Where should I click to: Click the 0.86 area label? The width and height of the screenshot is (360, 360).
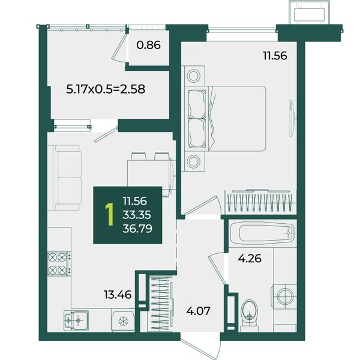(x=148, y=45)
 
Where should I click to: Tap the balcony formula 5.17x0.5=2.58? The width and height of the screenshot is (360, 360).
(x=106, y=89)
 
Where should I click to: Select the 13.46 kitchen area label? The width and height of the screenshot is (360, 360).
(x=118, y=295)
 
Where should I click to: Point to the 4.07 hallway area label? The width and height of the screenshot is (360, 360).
(x=198, y=311)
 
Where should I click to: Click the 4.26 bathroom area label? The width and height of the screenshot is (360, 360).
(x=250, y=259)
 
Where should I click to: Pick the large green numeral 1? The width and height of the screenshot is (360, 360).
(x=110, y=214)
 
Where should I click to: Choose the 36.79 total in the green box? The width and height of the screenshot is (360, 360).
(x=137, y=229)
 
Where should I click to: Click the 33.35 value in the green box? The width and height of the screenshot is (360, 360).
(x=137, y=215)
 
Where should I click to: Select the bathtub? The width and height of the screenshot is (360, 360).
(x=263, y=233)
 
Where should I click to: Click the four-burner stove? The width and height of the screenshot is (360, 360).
(x=59, y=263)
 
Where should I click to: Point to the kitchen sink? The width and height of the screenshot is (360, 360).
(x=76, y=320)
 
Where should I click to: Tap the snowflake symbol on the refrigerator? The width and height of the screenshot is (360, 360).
(x=123, y=322)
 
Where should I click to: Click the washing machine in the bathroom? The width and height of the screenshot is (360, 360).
(x=284, y=296)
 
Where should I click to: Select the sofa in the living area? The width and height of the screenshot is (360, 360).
(x=67, y=178)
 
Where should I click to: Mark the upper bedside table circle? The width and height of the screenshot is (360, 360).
(x=193, y=76)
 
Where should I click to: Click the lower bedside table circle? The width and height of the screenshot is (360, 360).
(x=193, y=161)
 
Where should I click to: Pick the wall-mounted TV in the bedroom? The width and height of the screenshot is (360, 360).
(x=292, y=118)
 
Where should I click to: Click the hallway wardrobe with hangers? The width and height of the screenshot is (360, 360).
(x=161, y=303)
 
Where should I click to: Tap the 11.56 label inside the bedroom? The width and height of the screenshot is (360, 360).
(x=275, y=56)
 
